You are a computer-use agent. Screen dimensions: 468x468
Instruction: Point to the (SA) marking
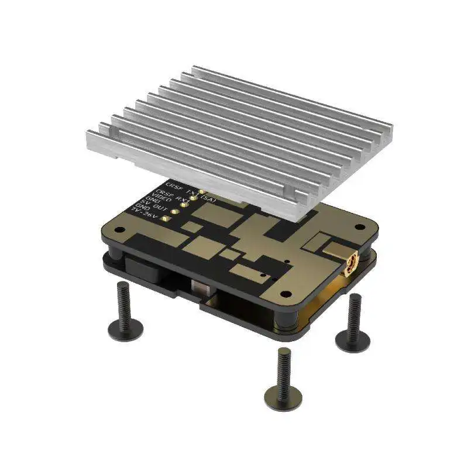pos(208,199)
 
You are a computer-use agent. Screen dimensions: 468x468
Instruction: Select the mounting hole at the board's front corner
pos(285,294)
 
